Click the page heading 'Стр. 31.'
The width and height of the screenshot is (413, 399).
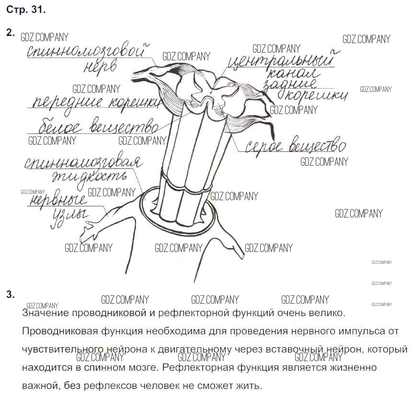(x=26, y=10)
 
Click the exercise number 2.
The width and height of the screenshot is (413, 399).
(x=10, y=33)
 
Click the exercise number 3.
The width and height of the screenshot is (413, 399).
(x=10, y=295)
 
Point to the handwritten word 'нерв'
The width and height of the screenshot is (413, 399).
(x=100, y=67)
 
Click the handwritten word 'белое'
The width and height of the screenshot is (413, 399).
(x=60, y=128)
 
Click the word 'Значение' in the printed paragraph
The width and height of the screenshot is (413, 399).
(x=46, y=313)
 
